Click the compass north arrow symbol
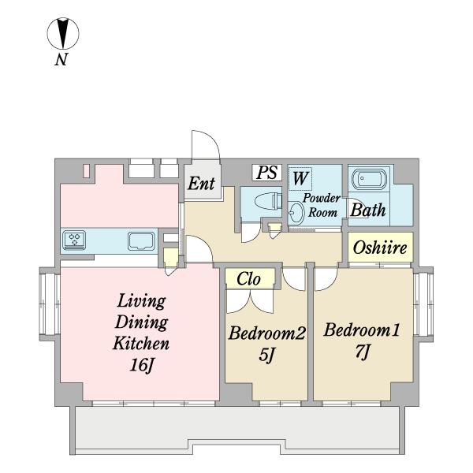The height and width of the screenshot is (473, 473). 63,33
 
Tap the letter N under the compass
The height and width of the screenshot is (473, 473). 61,59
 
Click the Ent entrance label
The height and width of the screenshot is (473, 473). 202,183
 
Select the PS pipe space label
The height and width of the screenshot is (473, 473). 267,172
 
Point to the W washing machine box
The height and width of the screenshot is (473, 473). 300,178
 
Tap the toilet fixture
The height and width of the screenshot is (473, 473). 268,200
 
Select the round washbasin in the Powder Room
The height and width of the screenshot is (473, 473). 296,212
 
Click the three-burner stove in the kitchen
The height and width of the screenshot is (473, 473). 74,240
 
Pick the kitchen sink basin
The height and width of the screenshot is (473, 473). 141,241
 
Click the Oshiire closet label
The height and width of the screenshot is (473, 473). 380,248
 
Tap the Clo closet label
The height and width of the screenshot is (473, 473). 248,279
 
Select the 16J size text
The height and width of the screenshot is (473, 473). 142,365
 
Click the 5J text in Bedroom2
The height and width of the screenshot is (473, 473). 266,355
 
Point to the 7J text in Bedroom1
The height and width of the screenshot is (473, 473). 363,352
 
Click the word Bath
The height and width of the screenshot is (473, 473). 367,210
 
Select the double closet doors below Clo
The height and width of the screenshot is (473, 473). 250,301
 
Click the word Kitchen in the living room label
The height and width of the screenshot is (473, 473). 141,344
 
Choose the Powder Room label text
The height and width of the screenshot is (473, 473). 322,205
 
